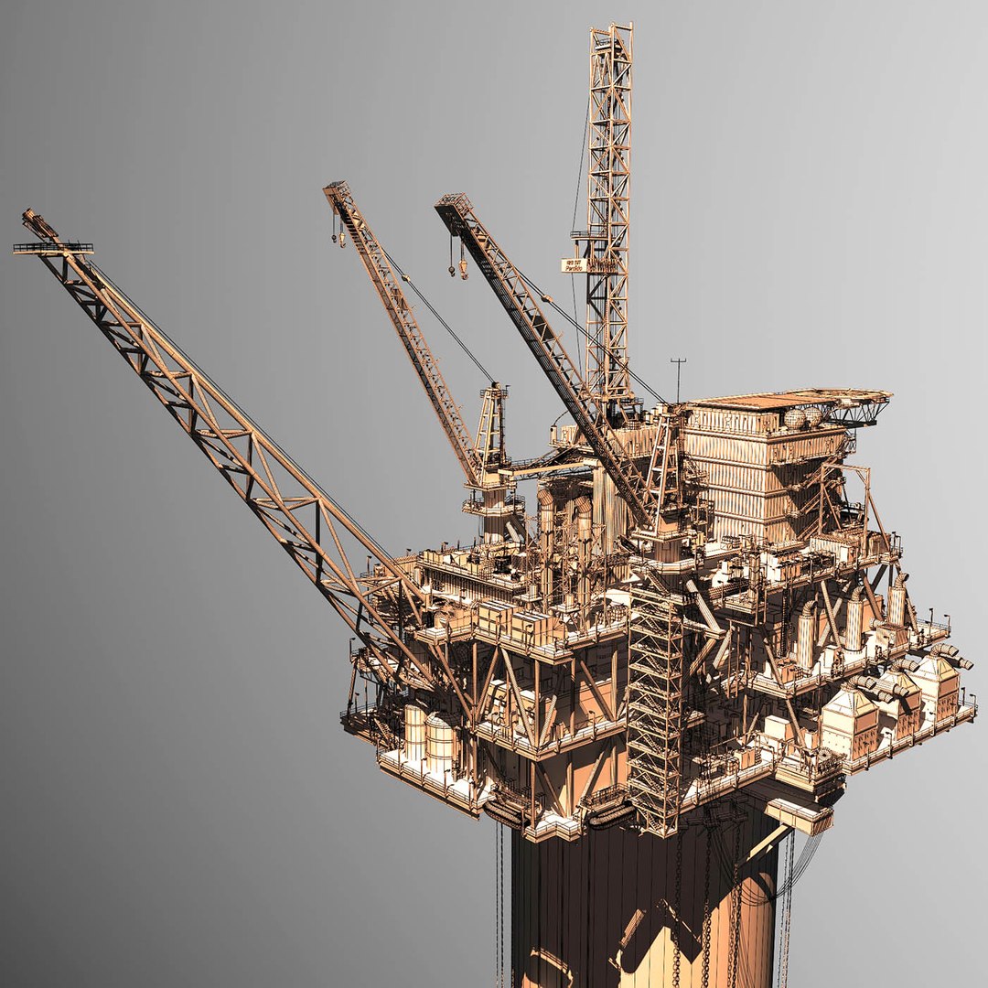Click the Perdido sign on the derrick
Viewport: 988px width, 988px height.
click(x=574, y=265)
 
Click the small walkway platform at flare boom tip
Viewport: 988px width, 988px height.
click(x=53, y=247)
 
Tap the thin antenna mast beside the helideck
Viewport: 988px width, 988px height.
click(x=678, y=377)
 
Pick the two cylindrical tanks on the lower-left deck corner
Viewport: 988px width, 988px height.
click(x=428, y=737)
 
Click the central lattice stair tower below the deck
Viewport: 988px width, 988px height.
click(x=655, y=704)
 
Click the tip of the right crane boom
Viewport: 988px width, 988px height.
click(x=448, y=203)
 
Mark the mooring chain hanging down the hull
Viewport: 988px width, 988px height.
click(x=704, y=906)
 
